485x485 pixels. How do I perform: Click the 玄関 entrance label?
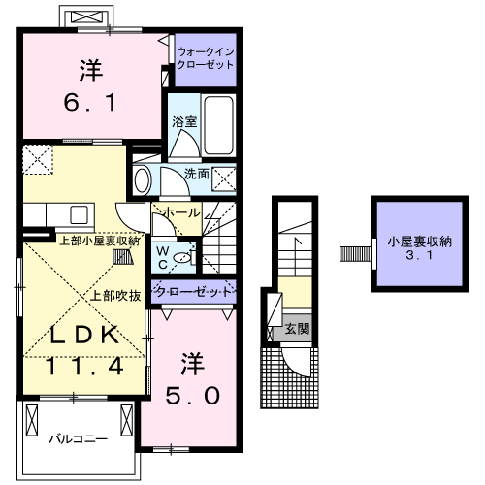[296, 330]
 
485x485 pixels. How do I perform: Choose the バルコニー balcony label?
[79, 439]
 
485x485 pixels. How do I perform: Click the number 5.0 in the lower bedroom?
[198, 396]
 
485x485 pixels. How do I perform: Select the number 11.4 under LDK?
[85, 368]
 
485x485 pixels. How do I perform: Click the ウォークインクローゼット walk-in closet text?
[206, 57]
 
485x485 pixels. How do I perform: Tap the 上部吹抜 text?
[117, 297]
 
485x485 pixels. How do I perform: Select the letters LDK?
[84, 336]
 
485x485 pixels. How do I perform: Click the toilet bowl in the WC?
[187, 259]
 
